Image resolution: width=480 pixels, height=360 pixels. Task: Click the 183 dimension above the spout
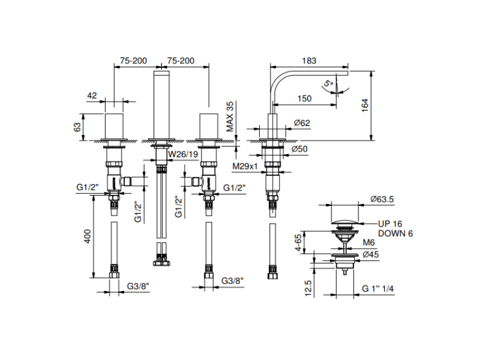click(309, 61)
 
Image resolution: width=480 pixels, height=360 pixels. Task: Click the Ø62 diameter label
click(301, 123)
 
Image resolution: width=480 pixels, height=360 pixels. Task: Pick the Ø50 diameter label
click(300, 149)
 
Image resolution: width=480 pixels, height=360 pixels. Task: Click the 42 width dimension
click(92, 95)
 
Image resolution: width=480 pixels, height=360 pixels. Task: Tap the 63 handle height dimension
click(78, 127)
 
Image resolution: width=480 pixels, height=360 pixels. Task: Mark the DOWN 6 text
click(396, 233)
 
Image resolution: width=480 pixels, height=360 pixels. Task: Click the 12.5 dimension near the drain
click(308, 288)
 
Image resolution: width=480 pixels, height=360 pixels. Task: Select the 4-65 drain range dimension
click(308, 242)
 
